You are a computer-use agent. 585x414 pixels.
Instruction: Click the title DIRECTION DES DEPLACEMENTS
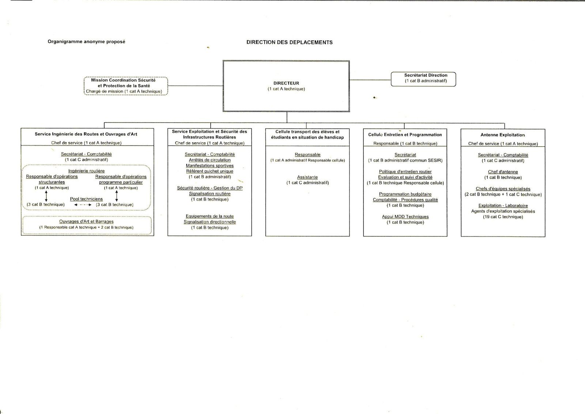(x=289, y=42)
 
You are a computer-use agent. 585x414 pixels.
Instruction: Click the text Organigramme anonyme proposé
(x=86, y=42)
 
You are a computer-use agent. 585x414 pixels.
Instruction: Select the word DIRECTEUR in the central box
(x=286, y=83)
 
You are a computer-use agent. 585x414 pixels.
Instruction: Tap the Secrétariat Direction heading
(x=426, y=75)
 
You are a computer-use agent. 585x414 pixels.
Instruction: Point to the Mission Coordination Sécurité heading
(x=123, y=80)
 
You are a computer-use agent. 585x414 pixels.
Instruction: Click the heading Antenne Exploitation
(x=503, y=135)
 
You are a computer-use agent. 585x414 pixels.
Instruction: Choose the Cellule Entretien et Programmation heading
(x=405, y=135)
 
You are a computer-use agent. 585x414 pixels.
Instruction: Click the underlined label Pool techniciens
(x=86, y=199)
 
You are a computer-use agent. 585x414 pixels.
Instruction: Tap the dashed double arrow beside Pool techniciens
(x=83, y=205)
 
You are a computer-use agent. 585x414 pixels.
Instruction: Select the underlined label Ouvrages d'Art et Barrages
(x=86, y=222)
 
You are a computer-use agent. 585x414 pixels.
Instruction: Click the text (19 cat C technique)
(x=503, y=217)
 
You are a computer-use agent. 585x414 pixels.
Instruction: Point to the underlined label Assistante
(x=307, y=177)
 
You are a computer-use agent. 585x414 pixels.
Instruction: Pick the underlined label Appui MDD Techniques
(x=405, y=217)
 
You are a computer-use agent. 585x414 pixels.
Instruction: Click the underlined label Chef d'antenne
(x=503, y=172)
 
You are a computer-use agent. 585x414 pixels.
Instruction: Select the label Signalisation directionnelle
(x=210, y=222)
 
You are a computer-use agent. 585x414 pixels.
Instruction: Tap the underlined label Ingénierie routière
(x=86, y=171)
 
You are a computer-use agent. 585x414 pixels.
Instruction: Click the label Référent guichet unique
(x=210, y=171)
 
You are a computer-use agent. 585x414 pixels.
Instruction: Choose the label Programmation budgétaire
(x=405, y=194)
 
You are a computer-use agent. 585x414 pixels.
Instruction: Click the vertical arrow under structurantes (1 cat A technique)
(x=46, y=196)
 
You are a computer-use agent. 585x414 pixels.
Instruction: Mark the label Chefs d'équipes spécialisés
(x=503, y=189)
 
